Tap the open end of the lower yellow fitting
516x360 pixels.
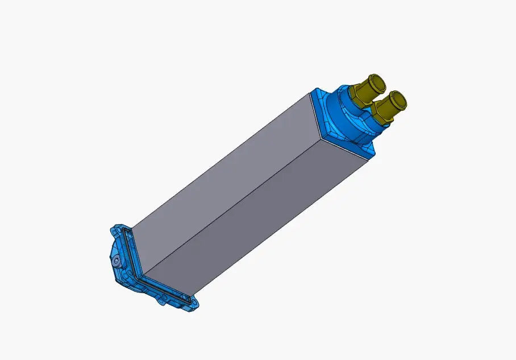tap(398, 100)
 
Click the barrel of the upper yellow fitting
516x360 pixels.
tap(369, 86)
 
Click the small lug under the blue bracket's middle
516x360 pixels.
tap(162, 301)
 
